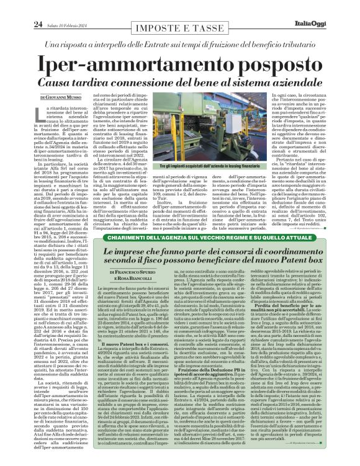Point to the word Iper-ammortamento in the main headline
pyautogui.click(x=129, y=64)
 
